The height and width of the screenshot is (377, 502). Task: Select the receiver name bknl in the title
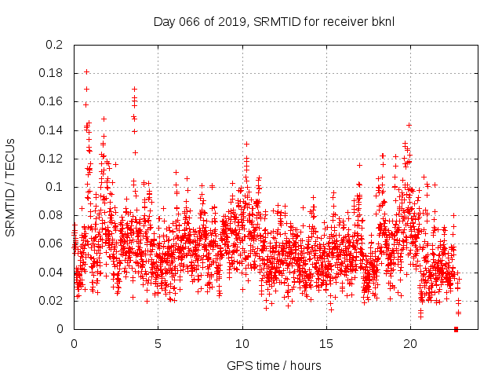(380, 21)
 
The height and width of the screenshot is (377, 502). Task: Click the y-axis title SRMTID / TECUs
(10, 188)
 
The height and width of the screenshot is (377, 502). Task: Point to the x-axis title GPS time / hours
(274, 365)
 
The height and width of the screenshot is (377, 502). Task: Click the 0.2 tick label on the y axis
(54, 45)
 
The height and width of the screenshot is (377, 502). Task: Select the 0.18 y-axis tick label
(51, 73)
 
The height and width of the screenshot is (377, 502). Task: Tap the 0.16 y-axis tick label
(51, 101)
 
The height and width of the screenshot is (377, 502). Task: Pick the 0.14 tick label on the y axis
(51, 130)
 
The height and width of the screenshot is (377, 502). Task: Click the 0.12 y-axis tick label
(51, 159)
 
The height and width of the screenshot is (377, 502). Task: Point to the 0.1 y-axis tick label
(54, 187)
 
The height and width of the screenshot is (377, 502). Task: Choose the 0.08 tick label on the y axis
(51, 215)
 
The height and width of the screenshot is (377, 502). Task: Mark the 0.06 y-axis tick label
(51, 243)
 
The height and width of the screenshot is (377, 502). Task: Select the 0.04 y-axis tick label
(51, 273)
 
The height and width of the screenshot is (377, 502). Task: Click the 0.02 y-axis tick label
(51, 301)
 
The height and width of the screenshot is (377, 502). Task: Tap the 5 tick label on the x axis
(158, 344)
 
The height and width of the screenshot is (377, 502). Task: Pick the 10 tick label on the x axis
(242, 344)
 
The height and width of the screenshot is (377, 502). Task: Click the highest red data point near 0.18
(86, 72)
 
